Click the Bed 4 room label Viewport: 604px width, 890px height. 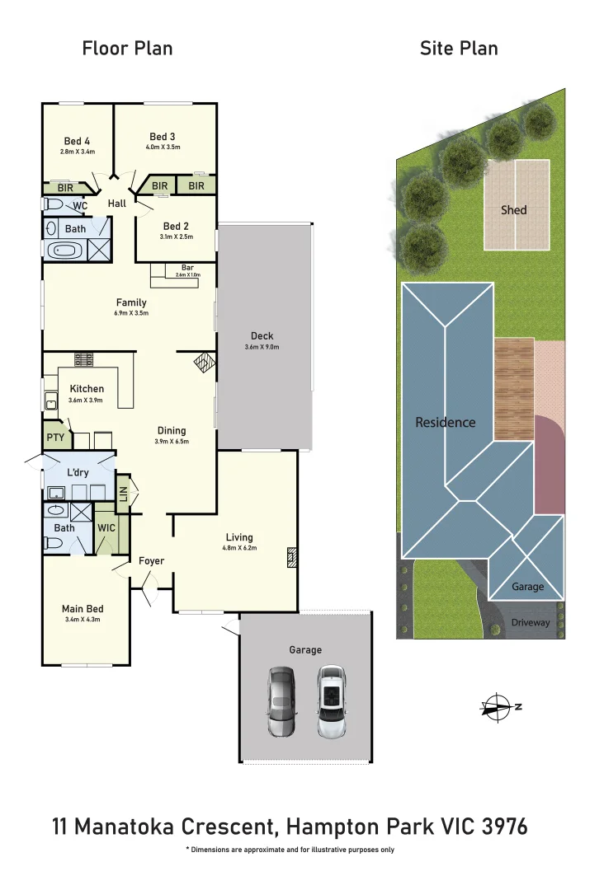[x=77, y=139]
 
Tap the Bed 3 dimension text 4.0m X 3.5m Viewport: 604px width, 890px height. [x=163, y=148]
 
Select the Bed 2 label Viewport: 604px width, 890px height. [x=177, y=227]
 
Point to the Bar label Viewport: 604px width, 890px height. [x=187, y=267]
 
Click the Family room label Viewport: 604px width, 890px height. [x=131, y=302]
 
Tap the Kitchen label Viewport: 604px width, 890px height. [x=87, y=389]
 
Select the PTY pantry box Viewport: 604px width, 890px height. [x=55, y=438]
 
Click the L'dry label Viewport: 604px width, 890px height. [x=79, y=475]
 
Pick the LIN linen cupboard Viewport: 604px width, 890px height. [x=123, y=493]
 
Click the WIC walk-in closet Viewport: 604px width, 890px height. [x=106, y=528]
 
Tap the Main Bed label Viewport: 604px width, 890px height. [x=83, y=609]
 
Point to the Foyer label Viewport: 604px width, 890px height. [x=151, y=561]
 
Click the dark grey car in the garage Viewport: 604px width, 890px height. [x=281, y=701]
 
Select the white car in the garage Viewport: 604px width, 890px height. [x=332, y=701]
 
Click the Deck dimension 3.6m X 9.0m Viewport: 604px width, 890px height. [x=263, y=347]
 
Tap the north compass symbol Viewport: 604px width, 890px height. [x=498, y=707]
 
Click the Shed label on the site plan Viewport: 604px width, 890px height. [x=513, y=210]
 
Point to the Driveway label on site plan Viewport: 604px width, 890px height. [x=530, y=623]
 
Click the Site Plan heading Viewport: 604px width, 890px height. [x=459, y=49]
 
